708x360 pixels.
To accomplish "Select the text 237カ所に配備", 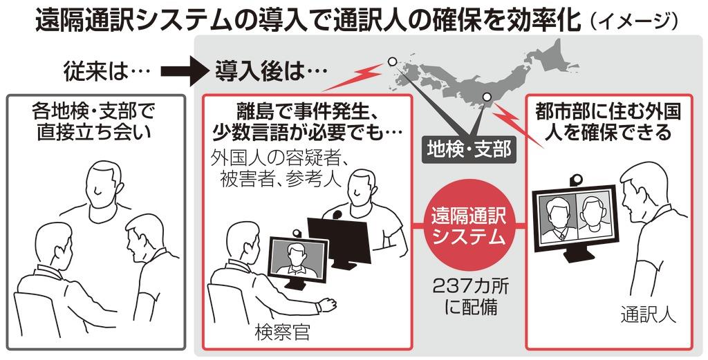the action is (469, 296).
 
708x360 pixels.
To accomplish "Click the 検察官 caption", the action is (283, 332).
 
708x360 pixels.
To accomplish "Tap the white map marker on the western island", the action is (392, 61).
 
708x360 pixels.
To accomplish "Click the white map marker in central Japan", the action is (486, 97).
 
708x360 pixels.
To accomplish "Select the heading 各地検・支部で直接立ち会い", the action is (94, 121).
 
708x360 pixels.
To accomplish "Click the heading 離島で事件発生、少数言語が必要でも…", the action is (306, 122).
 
